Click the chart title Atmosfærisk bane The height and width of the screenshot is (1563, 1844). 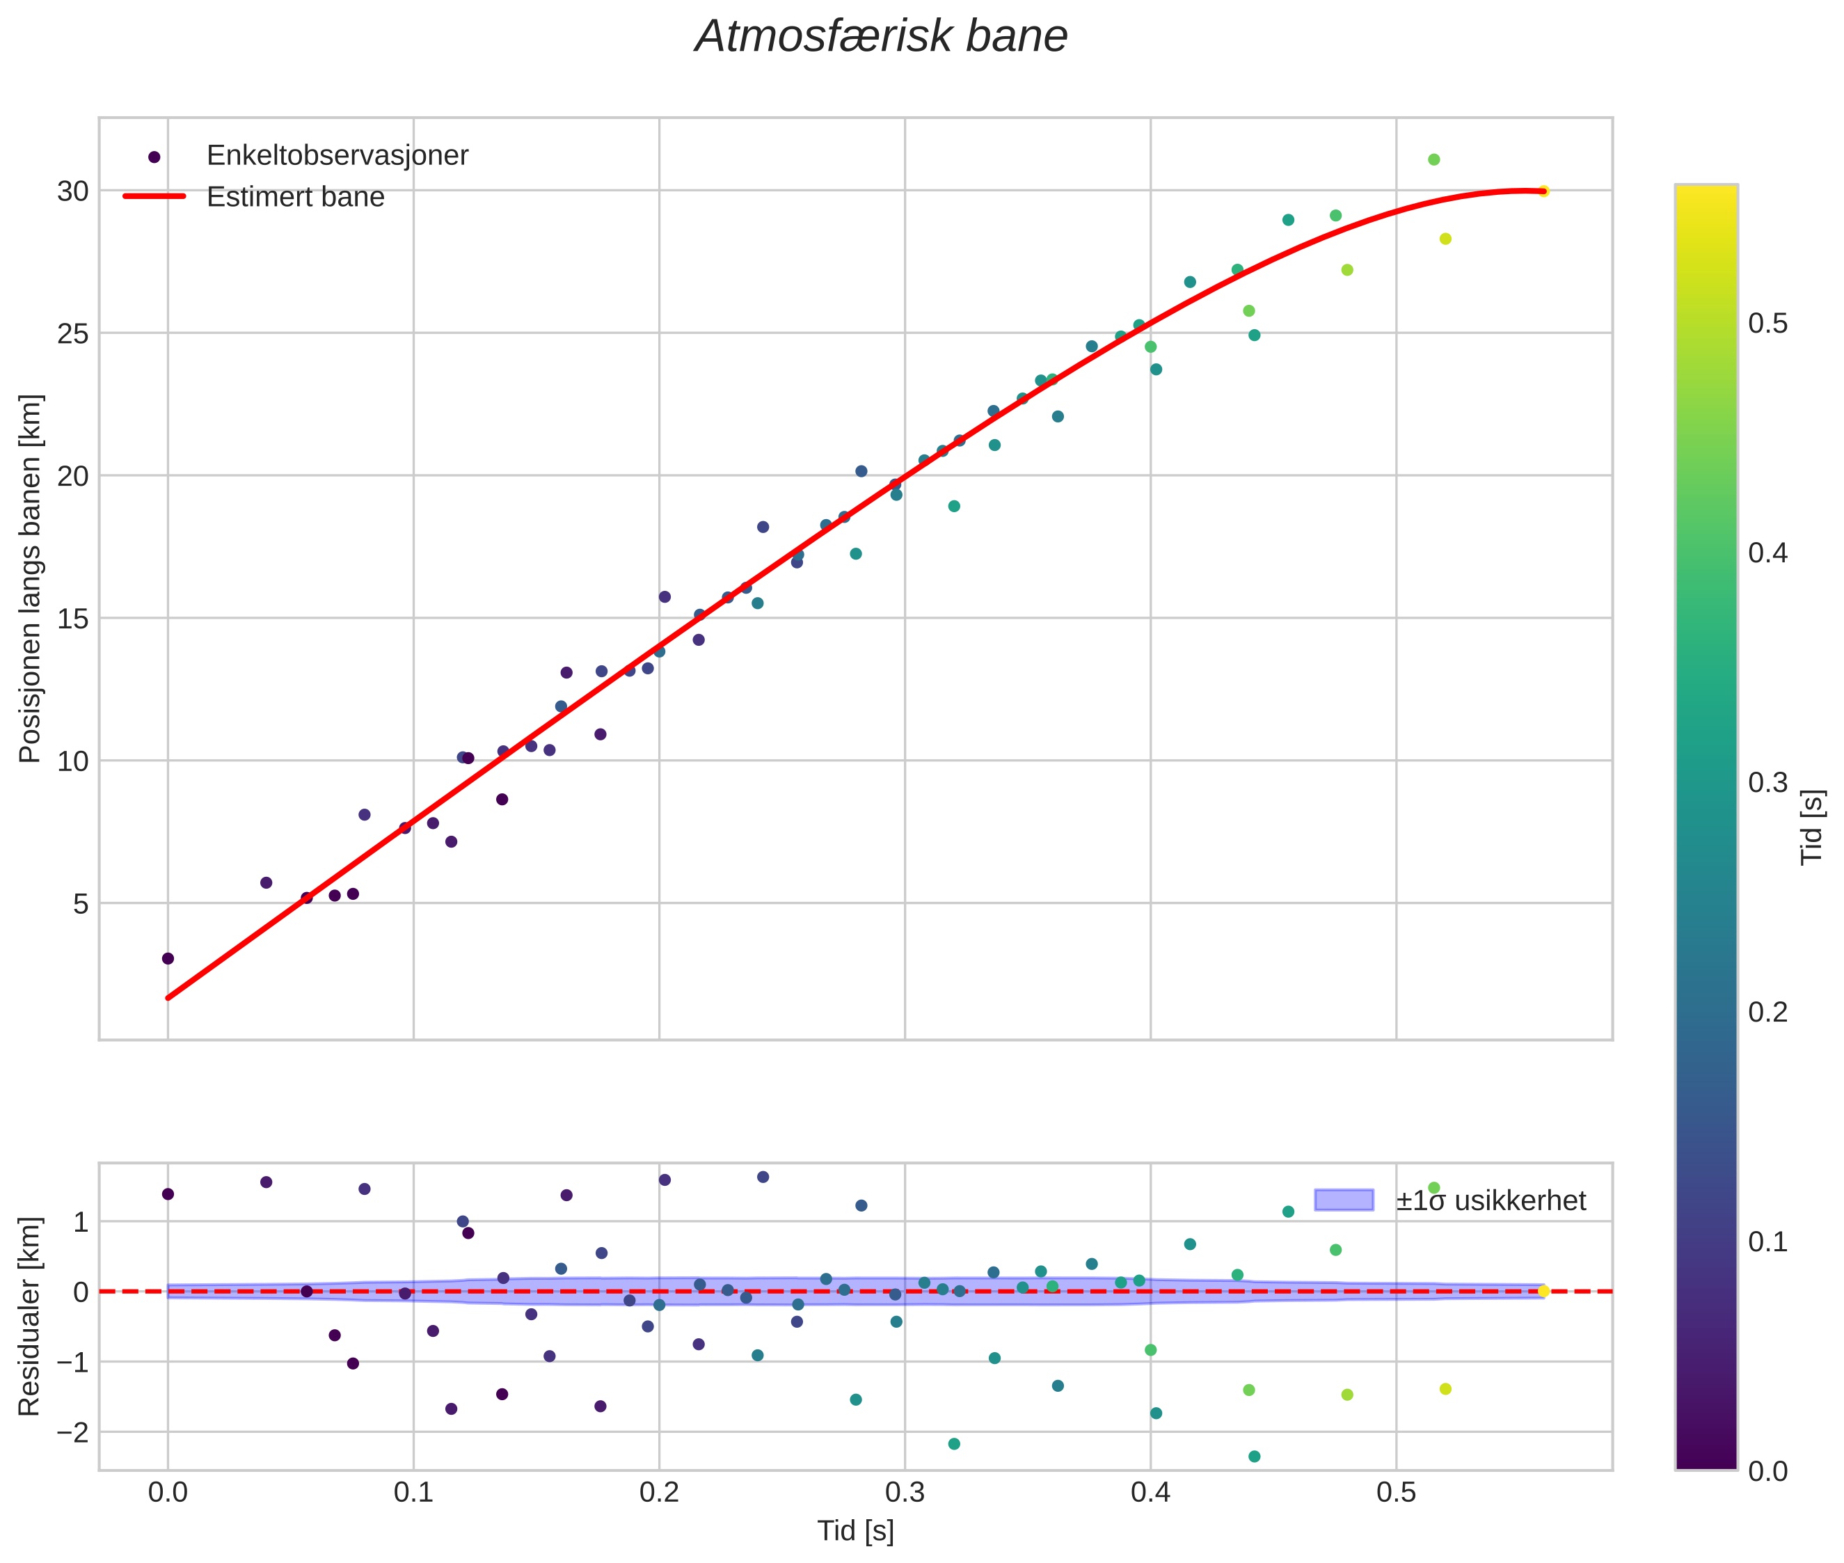(881, 37)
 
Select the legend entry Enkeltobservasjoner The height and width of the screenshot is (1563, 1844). (337, 156)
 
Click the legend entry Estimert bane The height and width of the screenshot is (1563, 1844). (295, 197)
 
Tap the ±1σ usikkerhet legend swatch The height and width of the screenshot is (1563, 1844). (1344, 1200)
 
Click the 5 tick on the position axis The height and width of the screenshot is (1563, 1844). (81, 904)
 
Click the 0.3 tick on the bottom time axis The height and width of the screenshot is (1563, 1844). (905, 1493)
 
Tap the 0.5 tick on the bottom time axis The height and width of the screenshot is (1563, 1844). (1397, 1493)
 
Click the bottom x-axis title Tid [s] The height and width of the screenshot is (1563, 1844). (855, 1531)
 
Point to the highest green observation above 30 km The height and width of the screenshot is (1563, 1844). (1433, 159)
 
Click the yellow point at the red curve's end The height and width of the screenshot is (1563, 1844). (1543, 191)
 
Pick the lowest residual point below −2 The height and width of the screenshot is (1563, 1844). (1254, 1457)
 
